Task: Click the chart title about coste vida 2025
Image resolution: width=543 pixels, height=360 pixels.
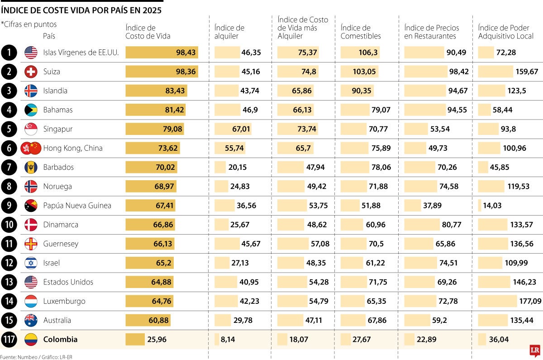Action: click(x=81, y=10)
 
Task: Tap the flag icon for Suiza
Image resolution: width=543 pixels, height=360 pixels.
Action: click(x=31, y=72)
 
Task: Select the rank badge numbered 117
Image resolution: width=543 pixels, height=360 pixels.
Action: click(x=9, y=340)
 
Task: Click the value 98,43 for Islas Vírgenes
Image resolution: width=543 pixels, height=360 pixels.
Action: click(x=186, y=53)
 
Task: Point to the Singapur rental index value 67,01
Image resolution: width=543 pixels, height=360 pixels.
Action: click(x=241, y=129)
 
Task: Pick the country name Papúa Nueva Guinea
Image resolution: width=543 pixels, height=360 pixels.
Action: click(x=77, y=206)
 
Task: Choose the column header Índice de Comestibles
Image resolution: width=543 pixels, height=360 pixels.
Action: click(x=361, y=32)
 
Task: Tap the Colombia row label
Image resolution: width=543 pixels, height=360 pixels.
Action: click(x=60, y=340)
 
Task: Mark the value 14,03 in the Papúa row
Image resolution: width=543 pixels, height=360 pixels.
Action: click(x=492, y=206)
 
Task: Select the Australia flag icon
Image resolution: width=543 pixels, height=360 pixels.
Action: click(x=31, y=320)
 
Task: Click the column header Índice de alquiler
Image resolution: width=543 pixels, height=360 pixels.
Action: click(x=229, y=32)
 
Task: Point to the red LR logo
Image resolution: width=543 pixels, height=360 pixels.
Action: click(x=535, y=351)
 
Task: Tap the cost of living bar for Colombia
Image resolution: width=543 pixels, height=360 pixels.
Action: click(x=135, y=340)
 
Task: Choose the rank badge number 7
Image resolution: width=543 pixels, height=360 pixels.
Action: click(x=9, y=167)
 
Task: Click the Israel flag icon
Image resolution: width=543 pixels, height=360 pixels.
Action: click(x=31, y=263)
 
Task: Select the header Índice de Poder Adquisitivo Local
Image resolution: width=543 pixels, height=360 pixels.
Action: click(x=506, y=32)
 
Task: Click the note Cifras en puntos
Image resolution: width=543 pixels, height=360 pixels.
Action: click(x=29, y=24)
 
